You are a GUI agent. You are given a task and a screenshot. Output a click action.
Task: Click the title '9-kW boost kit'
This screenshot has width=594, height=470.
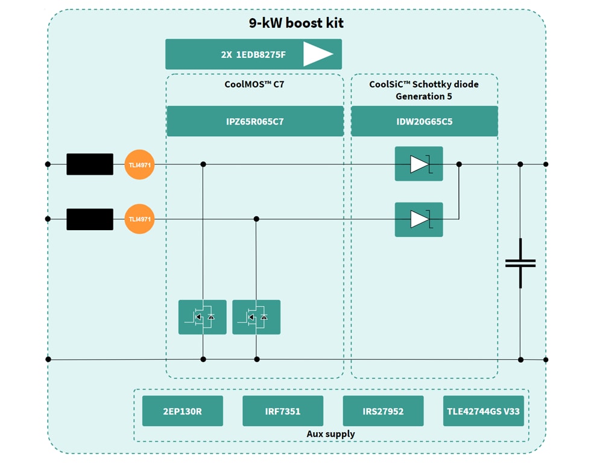(x=296, y=23)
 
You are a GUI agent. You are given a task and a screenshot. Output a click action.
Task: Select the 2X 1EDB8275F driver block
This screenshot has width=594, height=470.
(x=253, y=54)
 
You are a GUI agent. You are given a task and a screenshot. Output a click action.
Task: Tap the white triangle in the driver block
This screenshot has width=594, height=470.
(x=317, y=54)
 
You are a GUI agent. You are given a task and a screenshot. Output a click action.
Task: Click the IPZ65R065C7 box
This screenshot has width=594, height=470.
(x=254, y=121)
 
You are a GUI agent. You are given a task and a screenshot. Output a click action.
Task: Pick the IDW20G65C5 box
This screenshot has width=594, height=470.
(x=424, y=121)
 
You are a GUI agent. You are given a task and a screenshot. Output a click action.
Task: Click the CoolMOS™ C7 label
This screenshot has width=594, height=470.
(x=254, y=84)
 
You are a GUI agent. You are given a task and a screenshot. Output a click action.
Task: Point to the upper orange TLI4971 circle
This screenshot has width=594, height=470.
(x=139, y=164)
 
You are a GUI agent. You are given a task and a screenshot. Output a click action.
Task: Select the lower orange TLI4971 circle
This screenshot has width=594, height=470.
(x=139, y=219)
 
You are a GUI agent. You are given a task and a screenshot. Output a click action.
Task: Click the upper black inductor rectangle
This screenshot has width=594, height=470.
(x=90, y=164)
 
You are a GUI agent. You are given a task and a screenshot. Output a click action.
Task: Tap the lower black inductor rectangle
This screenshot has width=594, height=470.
(x=90, y=219)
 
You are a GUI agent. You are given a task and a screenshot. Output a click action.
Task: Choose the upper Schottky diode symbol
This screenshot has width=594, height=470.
(x=419, y=164)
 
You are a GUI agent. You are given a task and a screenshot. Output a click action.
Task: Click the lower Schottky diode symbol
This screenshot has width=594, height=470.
(x=419, y=219)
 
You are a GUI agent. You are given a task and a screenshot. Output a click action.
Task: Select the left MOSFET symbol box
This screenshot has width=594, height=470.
(x=203, y=317)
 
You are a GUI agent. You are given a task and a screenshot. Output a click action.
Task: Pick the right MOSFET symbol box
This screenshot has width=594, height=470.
(x=256, y=317)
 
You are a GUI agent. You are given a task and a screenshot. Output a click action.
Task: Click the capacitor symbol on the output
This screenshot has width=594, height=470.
(x=520, y=263)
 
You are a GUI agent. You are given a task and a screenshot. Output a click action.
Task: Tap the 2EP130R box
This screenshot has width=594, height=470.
(x=182, y=411)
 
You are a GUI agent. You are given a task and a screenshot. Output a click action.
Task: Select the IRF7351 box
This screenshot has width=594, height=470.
(x=282, y=411)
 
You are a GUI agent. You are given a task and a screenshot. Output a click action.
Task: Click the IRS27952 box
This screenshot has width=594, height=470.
(x=383, y=411)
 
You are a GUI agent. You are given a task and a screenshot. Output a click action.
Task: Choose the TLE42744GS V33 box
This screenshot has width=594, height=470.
(x=483, y=411)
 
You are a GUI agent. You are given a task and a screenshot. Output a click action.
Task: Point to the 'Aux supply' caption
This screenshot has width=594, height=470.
(x=330, y=434)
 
